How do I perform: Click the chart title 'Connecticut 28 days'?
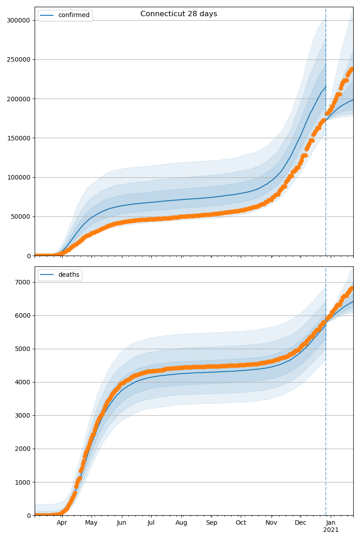pos(179,14)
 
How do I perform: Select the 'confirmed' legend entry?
pos(73,15)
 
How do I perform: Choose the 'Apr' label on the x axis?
pos(62,523)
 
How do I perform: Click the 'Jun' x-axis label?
pos(121,523)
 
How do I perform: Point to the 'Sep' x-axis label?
pos(211,523)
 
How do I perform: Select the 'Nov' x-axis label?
pos(271,523)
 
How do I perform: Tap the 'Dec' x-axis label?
pos(301,523)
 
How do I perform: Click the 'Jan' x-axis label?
pos(331,523)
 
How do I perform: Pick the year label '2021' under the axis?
pos(331,530)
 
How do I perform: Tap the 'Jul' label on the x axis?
pos(151,523)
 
